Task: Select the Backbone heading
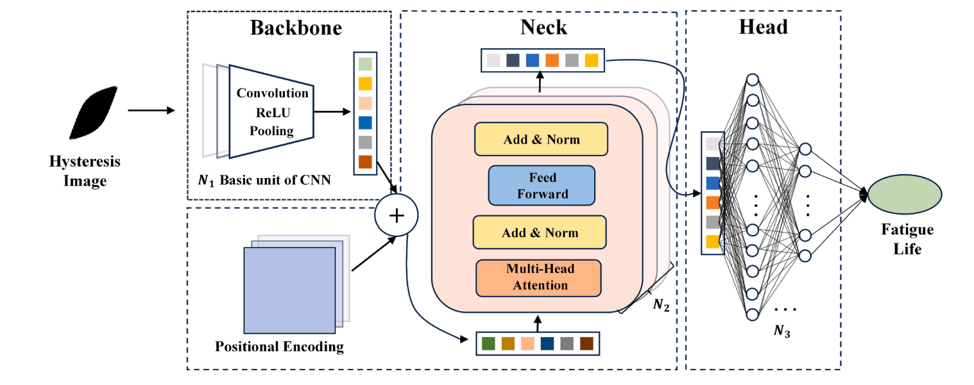(x=296, y=28)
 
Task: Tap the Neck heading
(x=543, y=27)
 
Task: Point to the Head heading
(x=763, y=27)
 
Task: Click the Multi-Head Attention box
(x=539, y=277)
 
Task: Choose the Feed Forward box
(x=542, y=185)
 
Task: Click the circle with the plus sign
(x=397, y=215)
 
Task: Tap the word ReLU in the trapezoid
(x=273, y=112)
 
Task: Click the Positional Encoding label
(x=280, y=347)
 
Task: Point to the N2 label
(x=661, y=305)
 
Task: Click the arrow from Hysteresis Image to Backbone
(x=151, y=111)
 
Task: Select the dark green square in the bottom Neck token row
(x=489, y=343)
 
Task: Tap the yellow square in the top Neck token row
(x=591, y=60)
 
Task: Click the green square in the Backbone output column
(x=365, y=64)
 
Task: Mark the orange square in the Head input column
(x=713, y=203)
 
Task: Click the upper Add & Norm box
(x=540, y=139)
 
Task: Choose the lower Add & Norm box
(x=540, y=232)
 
